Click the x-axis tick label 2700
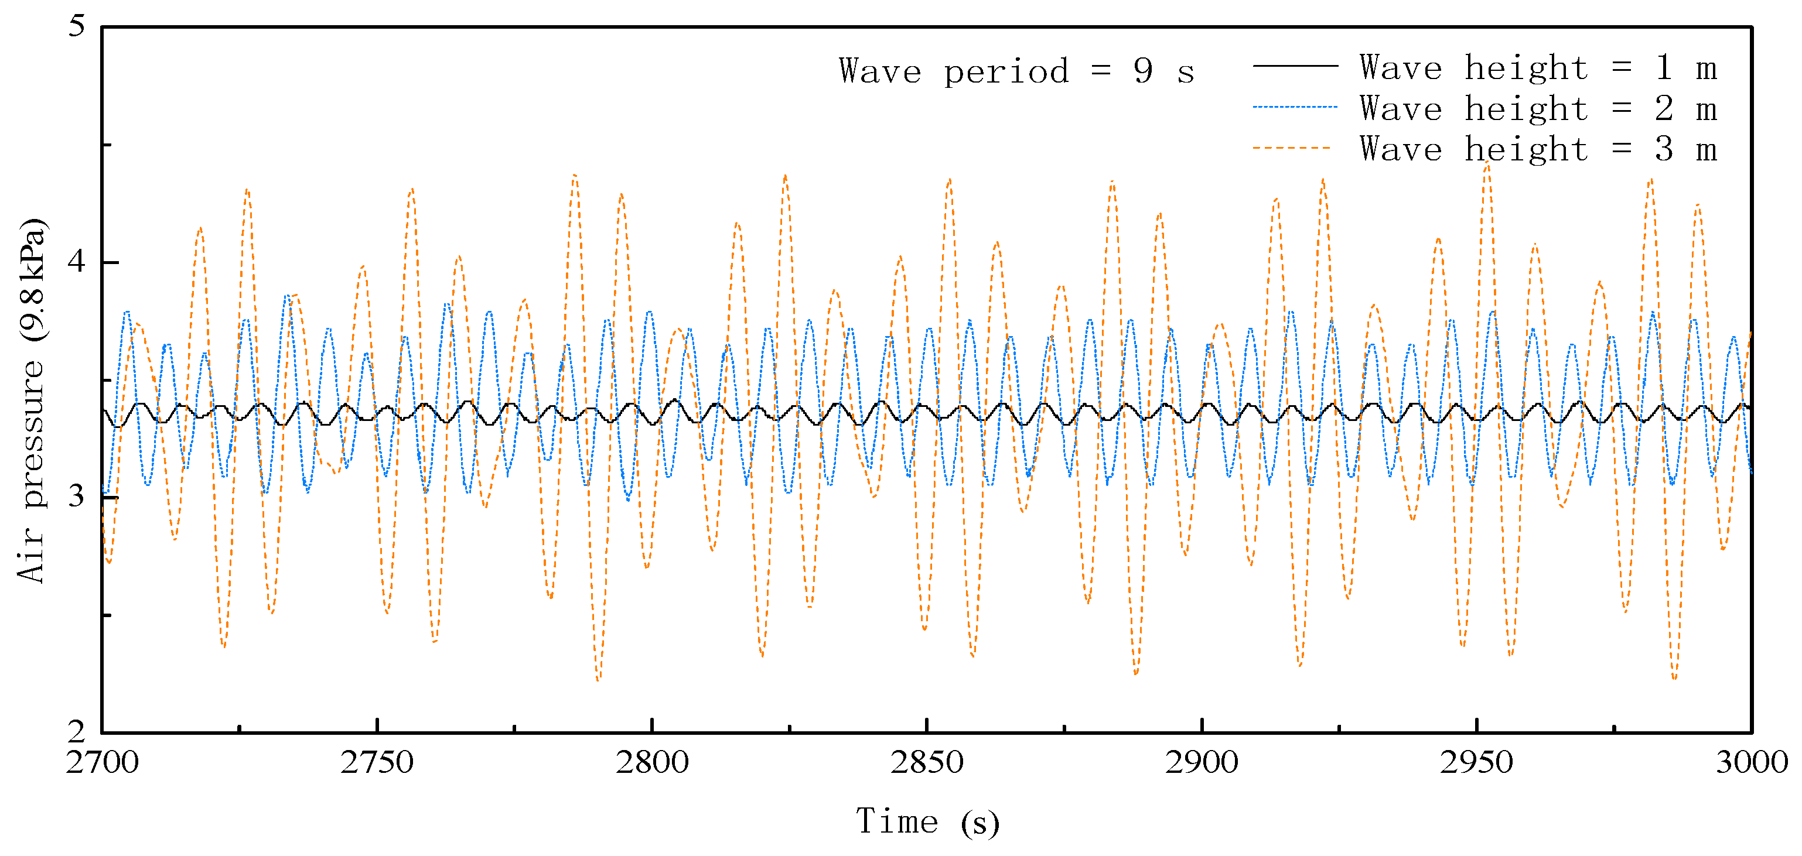click(x=102, y=762)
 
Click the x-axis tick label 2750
click(x=377, y=762)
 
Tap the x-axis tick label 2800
click(x=652, y=762)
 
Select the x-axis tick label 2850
click(x=927, y=762)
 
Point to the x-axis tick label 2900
click(x=1202, y=762)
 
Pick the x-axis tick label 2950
click(x=1477, y=762)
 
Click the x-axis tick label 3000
click(x=1751, y=762)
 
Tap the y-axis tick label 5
click(x=76, y=26)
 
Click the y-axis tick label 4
click(x=76, y=262)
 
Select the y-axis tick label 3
click(x=76, y=497)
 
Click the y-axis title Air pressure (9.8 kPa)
click(x=32, y=400)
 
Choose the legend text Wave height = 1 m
click(x=1538, y=68)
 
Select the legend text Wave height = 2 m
click(x=1538, y=109)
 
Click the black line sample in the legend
click(x=1295, y=66)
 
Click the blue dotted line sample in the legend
click(x=1295, y=107)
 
